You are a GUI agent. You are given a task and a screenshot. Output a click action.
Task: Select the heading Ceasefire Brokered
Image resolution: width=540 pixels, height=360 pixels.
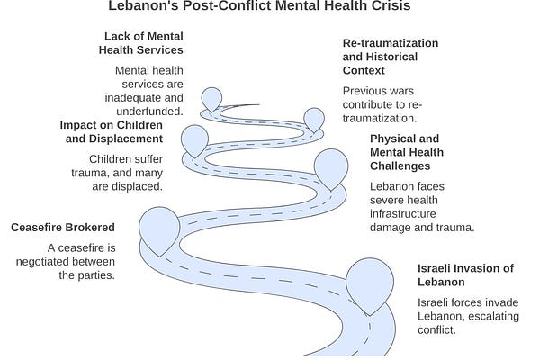pyautogui.click(x=63, y=228)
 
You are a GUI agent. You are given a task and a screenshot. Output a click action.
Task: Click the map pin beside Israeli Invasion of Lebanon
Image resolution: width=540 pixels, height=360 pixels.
pyautogui.click(x=370, y=286)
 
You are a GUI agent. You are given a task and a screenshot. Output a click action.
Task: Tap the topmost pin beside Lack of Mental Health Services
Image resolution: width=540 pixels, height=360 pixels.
pyautogui.click(x=211, y=99)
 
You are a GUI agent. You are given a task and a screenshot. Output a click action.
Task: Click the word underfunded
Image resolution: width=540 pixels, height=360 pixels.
pyautogui.click(x=149, y=112)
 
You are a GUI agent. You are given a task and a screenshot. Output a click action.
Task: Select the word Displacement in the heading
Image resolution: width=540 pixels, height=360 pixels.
pyautogui.click(x=126, y=139)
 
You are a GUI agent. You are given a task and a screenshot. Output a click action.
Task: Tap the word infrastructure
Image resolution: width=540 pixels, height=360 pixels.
pyautogui.click(x=403, y=213)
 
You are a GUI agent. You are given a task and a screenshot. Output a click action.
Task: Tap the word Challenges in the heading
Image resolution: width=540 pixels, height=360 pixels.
pyautogui.click(x=400, y=166)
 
